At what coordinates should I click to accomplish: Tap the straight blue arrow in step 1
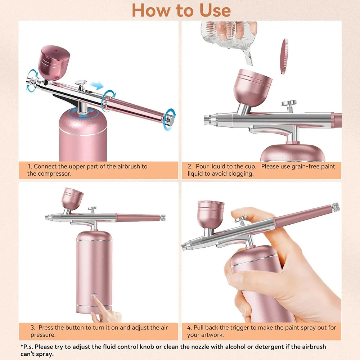point(97,86)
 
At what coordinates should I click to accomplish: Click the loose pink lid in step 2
point(285,56)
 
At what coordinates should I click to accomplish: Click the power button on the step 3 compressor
point(94,296)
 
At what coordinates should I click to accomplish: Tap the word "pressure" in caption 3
point(43,335)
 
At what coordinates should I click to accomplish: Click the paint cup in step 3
point(72,199)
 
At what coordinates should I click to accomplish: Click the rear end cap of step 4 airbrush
point(336,207)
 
